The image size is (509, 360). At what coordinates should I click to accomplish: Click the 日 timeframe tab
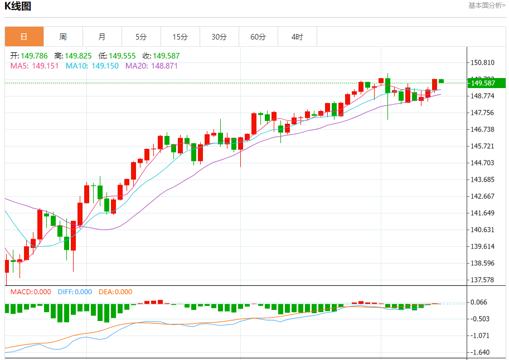coord(24,37)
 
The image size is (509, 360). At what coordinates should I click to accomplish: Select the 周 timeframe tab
coord(63,37)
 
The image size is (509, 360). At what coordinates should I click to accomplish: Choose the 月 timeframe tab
coord(102,37)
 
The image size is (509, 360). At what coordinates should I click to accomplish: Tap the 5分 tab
coord(141,37)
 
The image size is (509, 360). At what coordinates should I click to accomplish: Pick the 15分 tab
coord(180,37)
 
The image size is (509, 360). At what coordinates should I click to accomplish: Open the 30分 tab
coord(219,37)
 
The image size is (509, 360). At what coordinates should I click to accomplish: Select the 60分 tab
coord(258,37)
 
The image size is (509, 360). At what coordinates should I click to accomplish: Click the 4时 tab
coord(297,37)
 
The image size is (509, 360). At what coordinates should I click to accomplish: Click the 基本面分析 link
coord(487,6)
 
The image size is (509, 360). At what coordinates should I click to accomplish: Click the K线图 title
coord(18,7)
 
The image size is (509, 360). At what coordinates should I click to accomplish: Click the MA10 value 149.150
coord(105,66)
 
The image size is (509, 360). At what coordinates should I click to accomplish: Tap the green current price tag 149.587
coord(486,83)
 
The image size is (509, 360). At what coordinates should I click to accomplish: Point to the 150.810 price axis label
coord(483,62)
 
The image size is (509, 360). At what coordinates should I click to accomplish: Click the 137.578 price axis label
coord(483,280)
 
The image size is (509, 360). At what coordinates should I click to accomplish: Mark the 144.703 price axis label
coord(483,163)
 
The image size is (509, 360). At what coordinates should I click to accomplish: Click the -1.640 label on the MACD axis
coord(481,352)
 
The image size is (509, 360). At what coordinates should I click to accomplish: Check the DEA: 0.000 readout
coord(115,291)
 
